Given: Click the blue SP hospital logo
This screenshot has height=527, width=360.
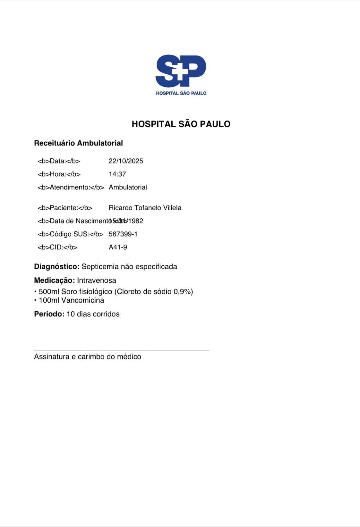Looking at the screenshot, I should click(181, 71).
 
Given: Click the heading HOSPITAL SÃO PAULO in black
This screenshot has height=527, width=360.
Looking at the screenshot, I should click(181, 124).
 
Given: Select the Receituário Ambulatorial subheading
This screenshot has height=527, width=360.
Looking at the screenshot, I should click(78, 143).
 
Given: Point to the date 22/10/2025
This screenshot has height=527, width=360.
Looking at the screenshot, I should click(126, 161).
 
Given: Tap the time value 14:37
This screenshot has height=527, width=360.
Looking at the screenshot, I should click(117, 174).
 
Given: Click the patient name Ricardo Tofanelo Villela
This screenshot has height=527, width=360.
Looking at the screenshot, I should click(145, 208).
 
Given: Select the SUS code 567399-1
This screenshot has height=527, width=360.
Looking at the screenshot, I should click(123, 234).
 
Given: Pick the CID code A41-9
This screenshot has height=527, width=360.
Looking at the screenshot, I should click(118, 247).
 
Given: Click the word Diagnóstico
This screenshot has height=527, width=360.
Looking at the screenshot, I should click(56, 266).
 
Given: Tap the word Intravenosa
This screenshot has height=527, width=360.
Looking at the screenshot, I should click(96, 280).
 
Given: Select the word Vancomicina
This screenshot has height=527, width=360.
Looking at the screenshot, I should click(82, 300).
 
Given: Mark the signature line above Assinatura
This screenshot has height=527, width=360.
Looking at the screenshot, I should click(122, 351).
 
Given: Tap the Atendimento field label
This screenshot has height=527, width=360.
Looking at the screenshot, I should click(71, 187).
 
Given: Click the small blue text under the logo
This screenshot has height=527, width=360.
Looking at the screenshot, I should click(181, 93).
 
